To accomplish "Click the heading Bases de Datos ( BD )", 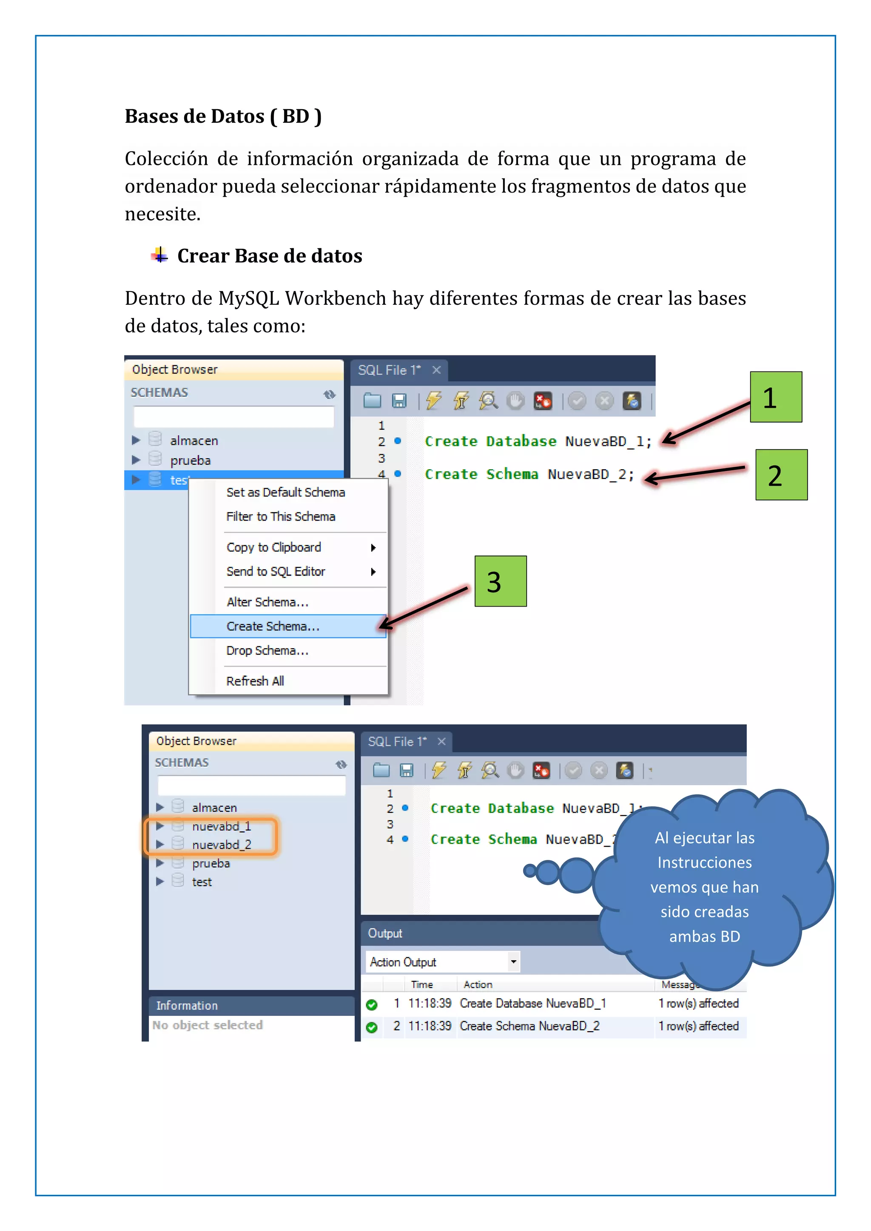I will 223,116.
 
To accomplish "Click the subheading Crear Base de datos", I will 269,256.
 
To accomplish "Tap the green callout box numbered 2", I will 781,475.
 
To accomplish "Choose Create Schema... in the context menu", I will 273,626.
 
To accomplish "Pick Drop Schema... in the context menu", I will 267,650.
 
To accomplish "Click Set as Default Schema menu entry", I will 285,492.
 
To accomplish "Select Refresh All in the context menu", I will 255,681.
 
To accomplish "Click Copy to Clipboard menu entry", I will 273,547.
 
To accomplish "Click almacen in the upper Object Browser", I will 194,441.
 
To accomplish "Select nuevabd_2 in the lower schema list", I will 221,845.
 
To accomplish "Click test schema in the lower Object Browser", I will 202,882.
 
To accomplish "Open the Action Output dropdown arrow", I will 513,962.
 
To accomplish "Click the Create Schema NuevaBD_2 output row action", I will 529,1026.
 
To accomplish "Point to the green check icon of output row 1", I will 371,1004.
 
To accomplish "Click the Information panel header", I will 187,1005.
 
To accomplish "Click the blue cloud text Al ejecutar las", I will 704,838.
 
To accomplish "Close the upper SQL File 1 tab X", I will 436,370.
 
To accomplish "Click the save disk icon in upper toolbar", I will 399,400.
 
